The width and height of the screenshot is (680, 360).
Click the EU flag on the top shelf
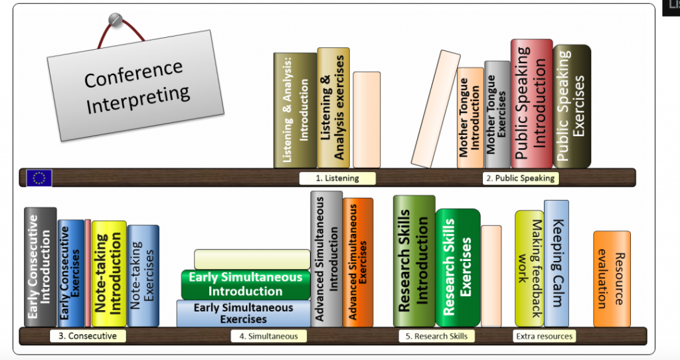[x=40, y=177]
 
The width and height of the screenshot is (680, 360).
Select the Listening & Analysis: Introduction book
[x=295, y=110]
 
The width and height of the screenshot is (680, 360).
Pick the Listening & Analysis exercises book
[x=333, y=107]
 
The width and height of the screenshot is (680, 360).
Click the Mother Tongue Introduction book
[x=469, y=117]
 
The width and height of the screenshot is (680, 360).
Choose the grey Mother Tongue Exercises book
[x=497, y=114]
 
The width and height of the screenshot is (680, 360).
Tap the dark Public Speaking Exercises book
[x=571, y=106]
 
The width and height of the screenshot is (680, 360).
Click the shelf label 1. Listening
[x=337, y=178]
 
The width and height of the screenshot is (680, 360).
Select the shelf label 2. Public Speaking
[x=520, y=178]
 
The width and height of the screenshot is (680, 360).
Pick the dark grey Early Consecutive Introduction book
[x=40, y=267]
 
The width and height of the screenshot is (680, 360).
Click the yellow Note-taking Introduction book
[x=108, y=273]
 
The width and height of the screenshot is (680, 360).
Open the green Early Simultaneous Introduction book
[x=246, y=284]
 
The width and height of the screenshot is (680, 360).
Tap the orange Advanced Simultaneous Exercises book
[x=357, y=262]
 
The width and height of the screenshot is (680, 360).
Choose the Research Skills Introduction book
[x=414, y=260]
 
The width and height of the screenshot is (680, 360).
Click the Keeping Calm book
[x=556, y=263]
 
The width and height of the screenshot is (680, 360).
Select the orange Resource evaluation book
[x=611, y=279]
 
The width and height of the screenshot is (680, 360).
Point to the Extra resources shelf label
[x=544, y=336]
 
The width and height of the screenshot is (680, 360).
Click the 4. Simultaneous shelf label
[x=268, y=336]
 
